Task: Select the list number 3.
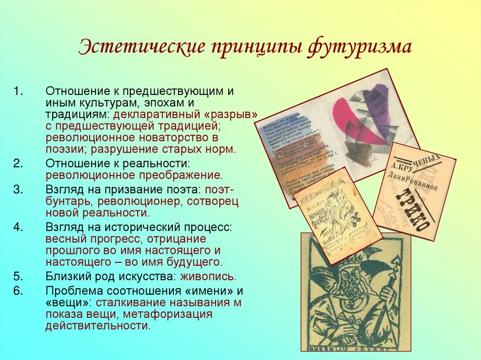(x=17, y=190)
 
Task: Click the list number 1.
(x=17, y=91)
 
